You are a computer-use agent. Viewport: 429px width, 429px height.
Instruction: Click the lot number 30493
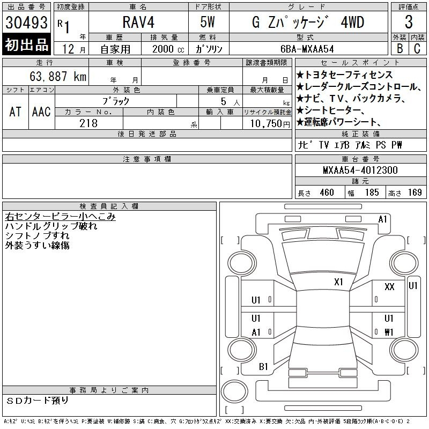[x=26, y=22]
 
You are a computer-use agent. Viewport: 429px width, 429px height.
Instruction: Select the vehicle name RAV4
[x=138, y=22]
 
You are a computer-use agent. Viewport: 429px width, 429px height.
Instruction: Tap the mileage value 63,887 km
[x=58, y=76]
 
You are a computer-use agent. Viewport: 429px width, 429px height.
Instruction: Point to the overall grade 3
[x=409, y=22]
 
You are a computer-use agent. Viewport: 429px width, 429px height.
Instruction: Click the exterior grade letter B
[x=400, y=48]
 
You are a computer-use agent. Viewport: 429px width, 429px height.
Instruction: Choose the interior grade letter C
[x=417, y=48]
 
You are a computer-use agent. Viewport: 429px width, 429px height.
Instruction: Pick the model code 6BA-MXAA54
[x=307, y=49]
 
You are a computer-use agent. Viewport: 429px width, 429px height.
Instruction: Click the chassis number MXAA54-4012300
[x=360, y=170]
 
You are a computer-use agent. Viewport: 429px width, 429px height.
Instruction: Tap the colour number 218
[x=88, y=123]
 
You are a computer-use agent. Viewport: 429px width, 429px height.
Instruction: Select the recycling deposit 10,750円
[x=270, y=124]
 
